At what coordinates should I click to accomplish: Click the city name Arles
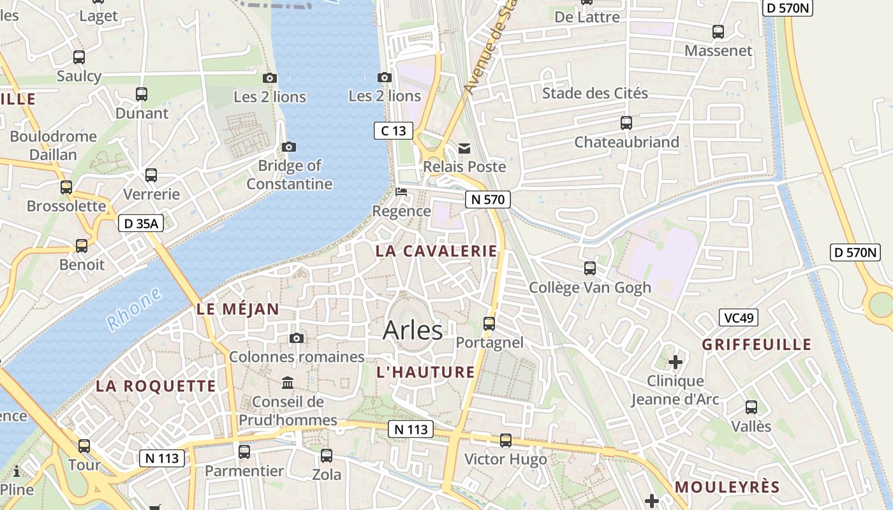[x=413, y=330]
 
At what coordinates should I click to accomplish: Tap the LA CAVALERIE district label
[x=436, y=251]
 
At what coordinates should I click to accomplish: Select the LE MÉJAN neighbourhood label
[x=238, y=310]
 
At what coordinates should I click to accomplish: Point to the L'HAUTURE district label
[x=425, y=372]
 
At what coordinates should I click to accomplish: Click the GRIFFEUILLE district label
[x=756, y=345]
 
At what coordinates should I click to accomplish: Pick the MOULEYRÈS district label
[x=727, y=488]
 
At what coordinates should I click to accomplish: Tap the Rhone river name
[x=134, y=309]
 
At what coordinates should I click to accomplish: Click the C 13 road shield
[x=393, y=131]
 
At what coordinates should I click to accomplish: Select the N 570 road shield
[x=487, y=200]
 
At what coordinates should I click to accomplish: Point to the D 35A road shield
[x=141, y=224]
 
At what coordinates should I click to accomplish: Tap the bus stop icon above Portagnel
[x=489, y=323]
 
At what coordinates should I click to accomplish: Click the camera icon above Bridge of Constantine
[x=289, y=147]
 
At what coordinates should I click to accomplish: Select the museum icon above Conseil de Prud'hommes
[x=288, y=383]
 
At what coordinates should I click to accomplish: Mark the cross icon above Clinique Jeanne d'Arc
[x=675, y=363]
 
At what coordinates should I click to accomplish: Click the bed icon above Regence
[x=401, y=191]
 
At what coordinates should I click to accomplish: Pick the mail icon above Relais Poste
[x=464, y=149]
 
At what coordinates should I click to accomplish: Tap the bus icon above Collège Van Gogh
[x=590, y=268]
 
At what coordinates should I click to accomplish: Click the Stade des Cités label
[x=594, y=94]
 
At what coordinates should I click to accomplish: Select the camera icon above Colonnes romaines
[x=297, y=339]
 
